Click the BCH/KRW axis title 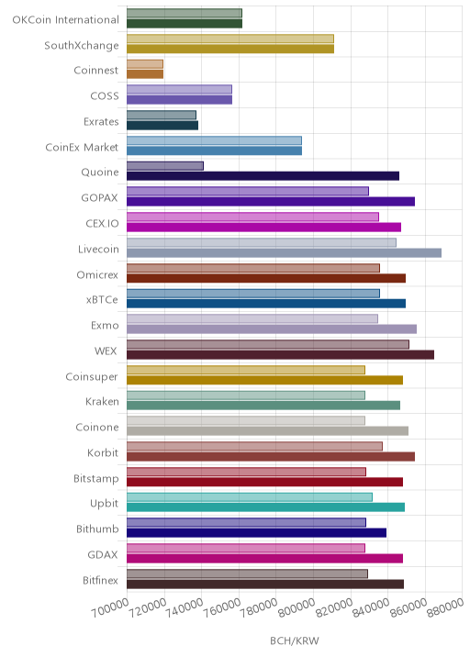click(x=295, y=640)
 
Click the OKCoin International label click(x=66, y=19)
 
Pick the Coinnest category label click(x=96, y=70)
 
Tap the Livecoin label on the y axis click(x=98, y=250)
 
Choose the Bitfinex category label click(x=101, y=580)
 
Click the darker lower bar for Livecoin click(x=285, y=252)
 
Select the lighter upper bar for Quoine click(x=165, y=166)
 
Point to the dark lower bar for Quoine click(x=263, y=176)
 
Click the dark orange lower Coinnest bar click(x=145, y=74)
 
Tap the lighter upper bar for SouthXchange click(x=230, y=39)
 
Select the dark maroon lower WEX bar click(x=281, y=355)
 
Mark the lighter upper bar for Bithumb click(x=247, y=522)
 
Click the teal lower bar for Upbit click(x=266, y=507)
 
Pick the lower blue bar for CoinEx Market click(x=214, y=150)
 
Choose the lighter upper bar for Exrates click(x=162, y=115)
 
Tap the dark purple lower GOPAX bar click(x=271, y=202)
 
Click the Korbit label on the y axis click(x=103, y=453)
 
